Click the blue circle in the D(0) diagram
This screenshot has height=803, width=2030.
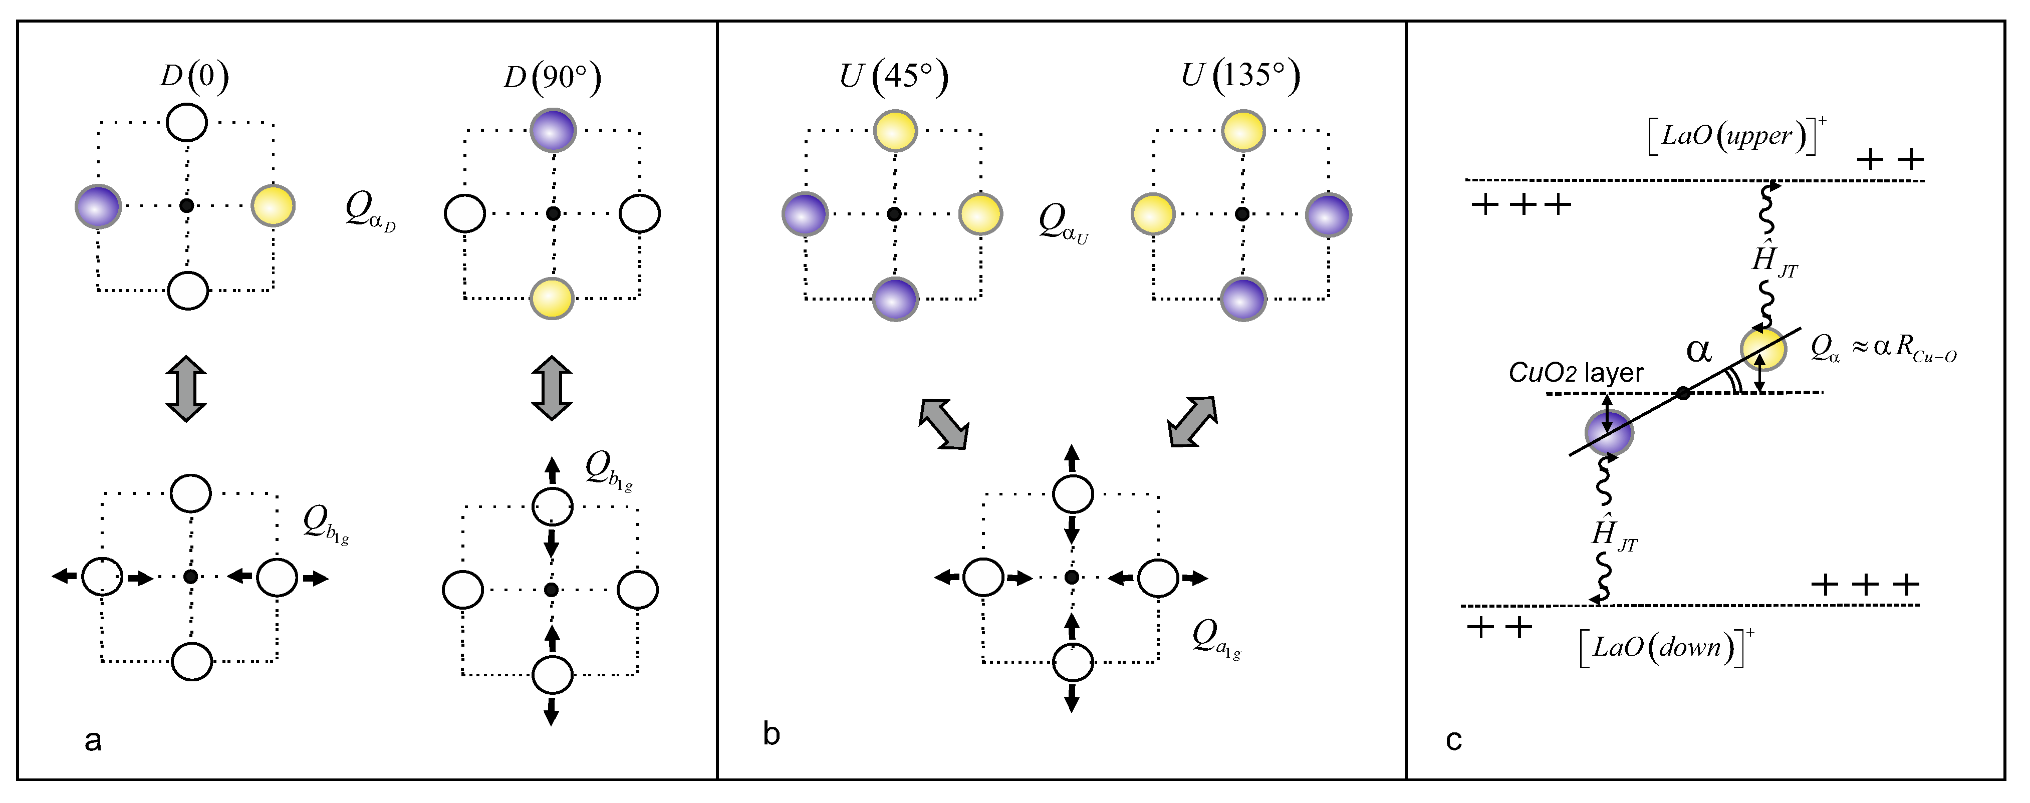pos(98,206)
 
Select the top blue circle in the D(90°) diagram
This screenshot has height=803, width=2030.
pos(553,130)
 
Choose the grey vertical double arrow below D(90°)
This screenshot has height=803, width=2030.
pos(552,389)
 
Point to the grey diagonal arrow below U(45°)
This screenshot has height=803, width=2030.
pos(943,424)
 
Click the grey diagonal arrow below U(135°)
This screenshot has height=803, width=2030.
pos(1193,422)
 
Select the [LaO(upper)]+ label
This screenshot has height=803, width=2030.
pos(1734,136)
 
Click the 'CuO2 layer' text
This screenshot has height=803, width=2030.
pos(1576,372)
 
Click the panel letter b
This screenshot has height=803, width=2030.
pos(772,734)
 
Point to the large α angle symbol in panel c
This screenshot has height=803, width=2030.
pos(1698,349)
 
